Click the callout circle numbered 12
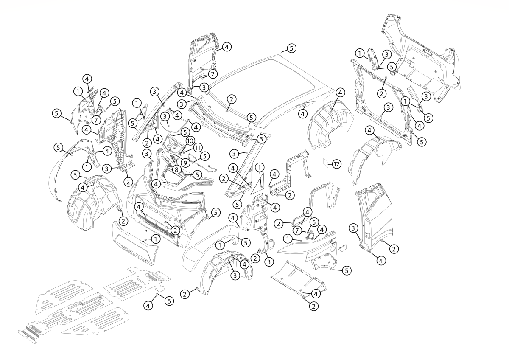tap(336, 164)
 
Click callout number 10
tap(190, 141)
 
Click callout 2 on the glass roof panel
tap(231, 98)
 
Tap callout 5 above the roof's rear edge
tap(291, 48)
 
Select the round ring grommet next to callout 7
tap(311, 235)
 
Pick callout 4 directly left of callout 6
tap(148, 305)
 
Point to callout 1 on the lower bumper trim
tap(156, 239)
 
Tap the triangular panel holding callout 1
tap(257, 180)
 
